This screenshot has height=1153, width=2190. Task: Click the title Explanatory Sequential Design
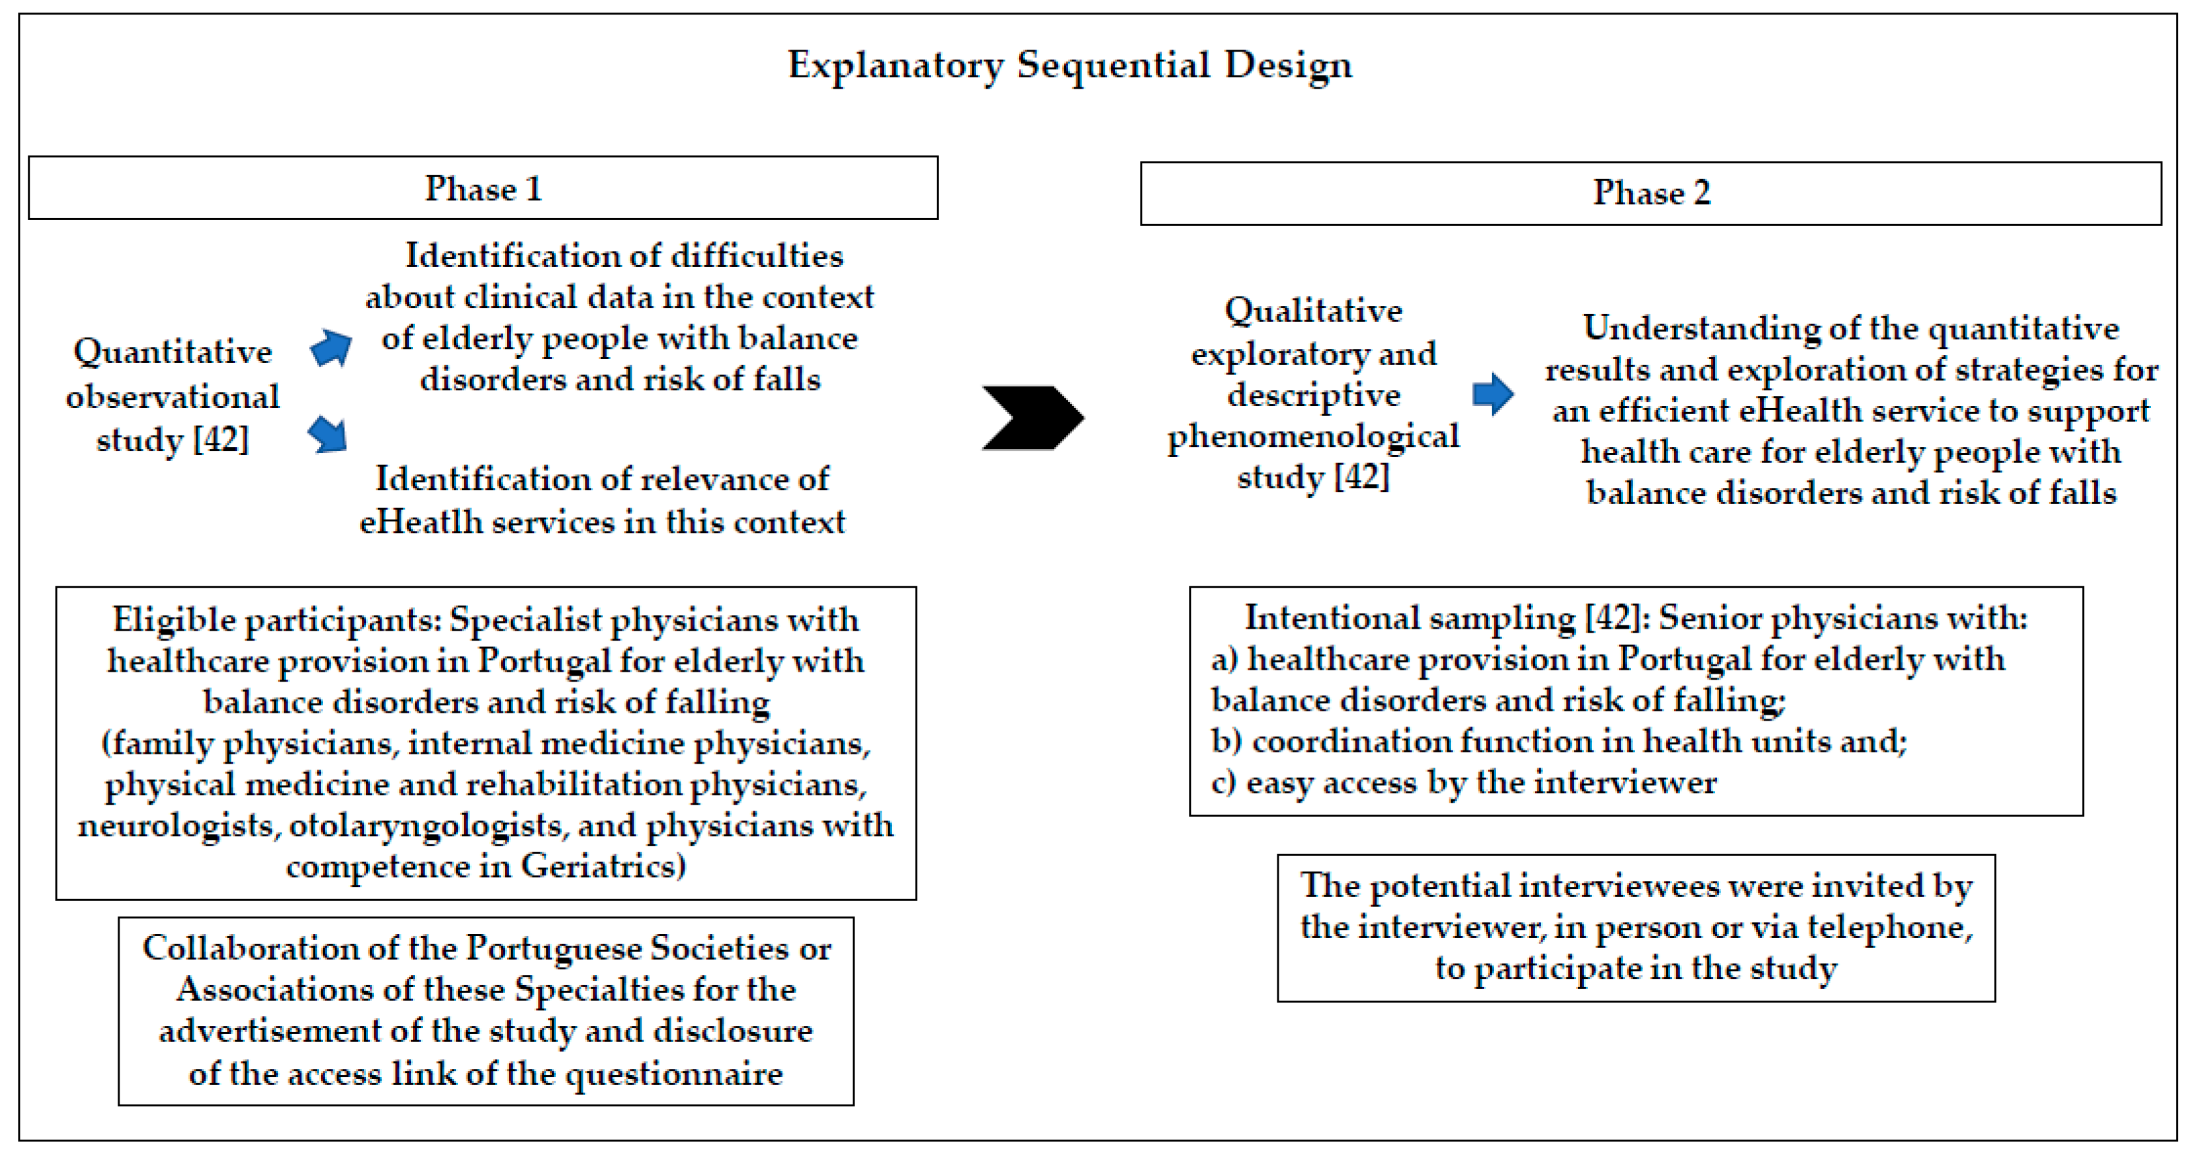point(1069,65)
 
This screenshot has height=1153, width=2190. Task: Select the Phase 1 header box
point(483,188)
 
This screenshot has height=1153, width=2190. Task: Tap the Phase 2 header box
point(1650,193)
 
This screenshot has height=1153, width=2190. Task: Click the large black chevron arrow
point(1032,417)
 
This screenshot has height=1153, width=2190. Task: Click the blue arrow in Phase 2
point(1493,393)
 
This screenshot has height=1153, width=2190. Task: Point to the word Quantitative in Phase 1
point(172,352)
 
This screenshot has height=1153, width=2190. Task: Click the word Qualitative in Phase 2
point(1314,311)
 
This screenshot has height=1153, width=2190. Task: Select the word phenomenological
point(1314,436)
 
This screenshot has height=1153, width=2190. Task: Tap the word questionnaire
point(674,1073)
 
